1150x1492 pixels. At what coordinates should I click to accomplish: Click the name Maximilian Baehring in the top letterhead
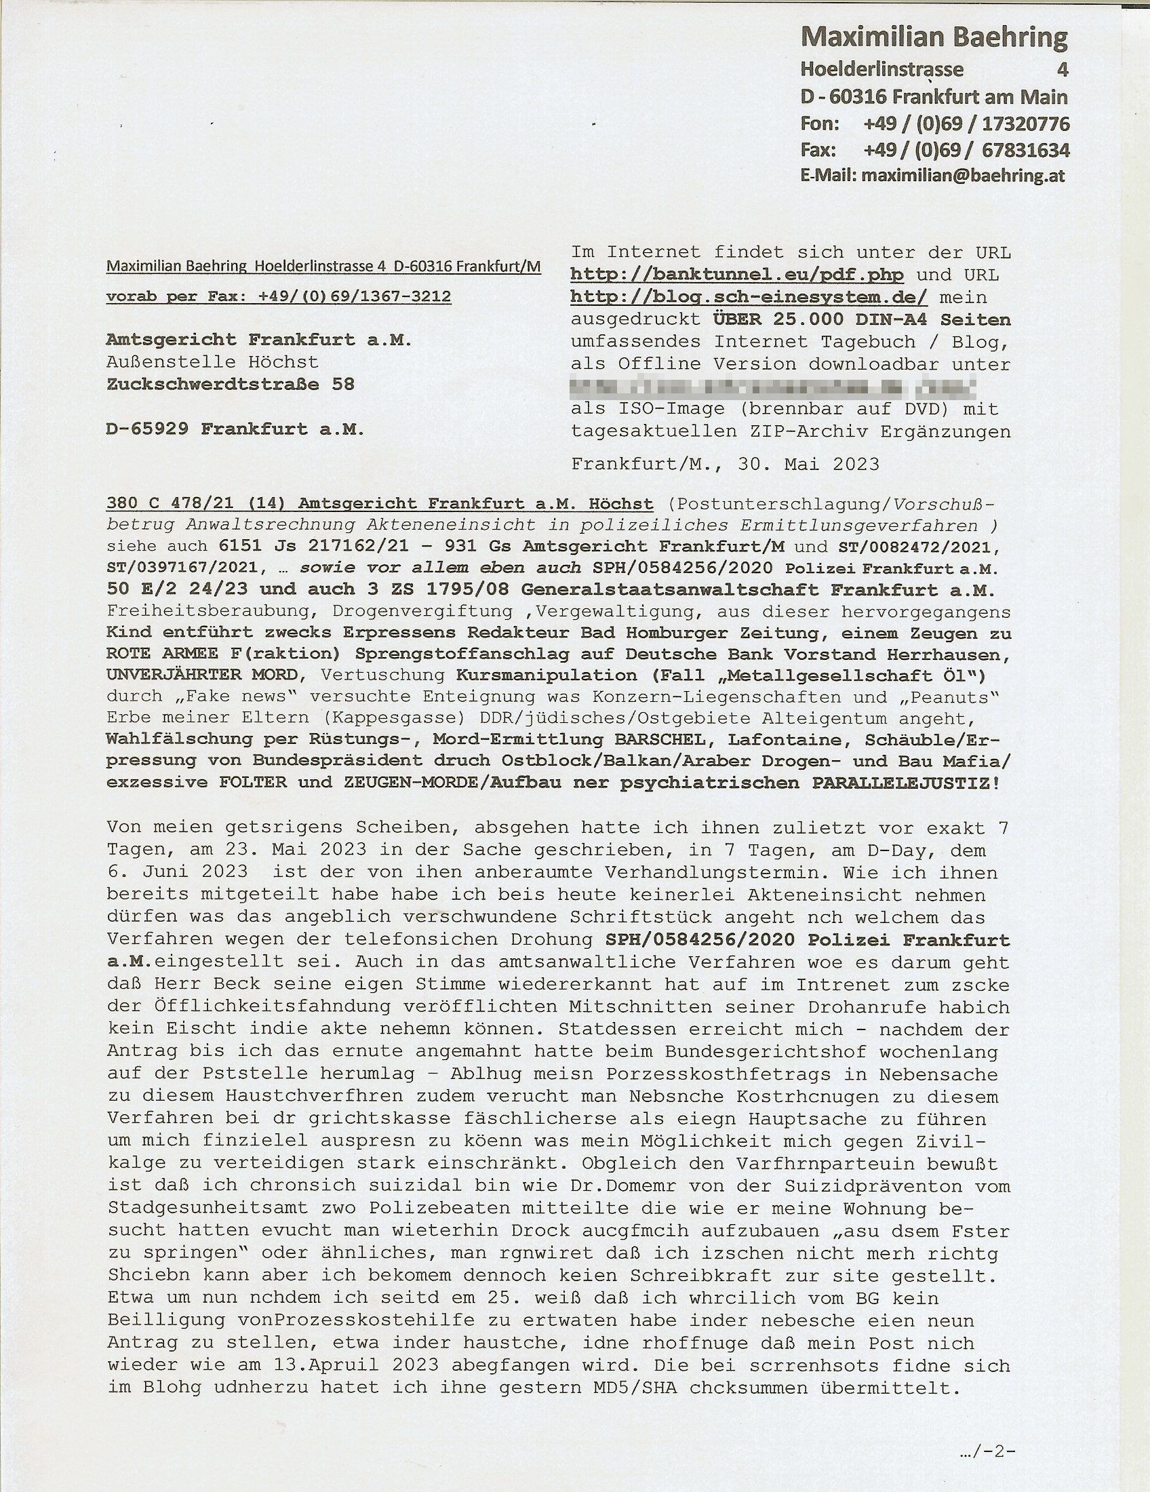pos(934,37)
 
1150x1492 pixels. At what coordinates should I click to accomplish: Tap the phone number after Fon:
pos(966,123)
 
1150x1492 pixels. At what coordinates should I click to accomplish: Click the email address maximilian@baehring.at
pos(963,176)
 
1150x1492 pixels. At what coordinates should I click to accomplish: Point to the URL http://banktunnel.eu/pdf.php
pos(737,275)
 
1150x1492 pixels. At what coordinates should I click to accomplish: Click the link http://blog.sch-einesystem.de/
pos(749,297)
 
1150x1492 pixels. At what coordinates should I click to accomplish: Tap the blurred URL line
pos(773,387)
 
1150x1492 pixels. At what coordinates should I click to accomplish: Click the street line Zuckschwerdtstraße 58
pos(230,384)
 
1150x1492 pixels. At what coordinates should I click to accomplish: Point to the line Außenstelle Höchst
pos(212,361)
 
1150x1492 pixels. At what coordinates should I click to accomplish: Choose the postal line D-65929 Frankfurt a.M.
pos(235,429)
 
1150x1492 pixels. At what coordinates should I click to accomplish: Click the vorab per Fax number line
pos(278,296)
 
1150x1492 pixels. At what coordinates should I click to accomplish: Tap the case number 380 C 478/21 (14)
pos(195,504)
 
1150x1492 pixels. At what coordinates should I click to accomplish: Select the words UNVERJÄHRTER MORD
pos(201,675)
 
